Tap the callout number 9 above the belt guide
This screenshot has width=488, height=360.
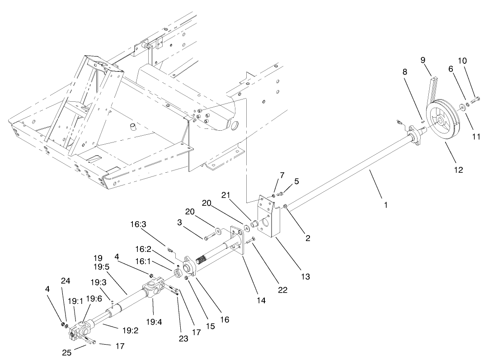[423, 60]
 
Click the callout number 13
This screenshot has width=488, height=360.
[305, 275]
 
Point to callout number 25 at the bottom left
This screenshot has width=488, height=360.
[67, 353]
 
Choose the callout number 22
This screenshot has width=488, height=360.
[282, 289]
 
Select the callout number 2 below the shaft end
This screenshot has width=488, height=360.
[308, 238]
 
